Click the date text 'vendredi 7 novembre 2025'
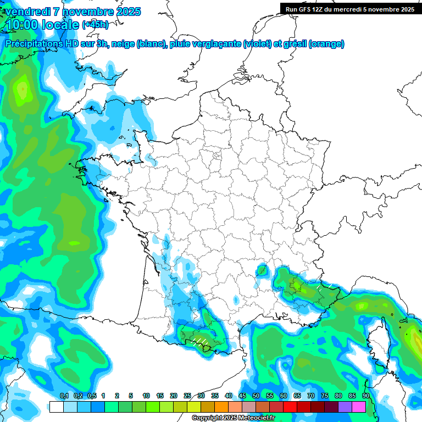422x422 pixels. pyautogui.click(x=71, y=12)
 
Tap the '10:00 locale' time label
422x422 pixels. pyautogui.click(x=42, y=25)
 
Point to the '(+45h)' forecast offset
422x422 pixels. pyautogui.click(x=95, y=25)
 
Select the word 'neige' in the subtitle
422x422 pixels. pyautogui.click(x=123, y=44)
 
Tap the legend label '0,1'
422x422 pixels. pyautogui.click(x=64, y=396)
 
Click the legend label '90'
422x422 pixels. pyautogui.click(x=365, y=396)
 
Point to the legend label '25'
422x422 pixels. pyautogui.click(x=187, y=396)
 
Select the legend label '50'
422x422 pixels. pyautogui.click(x=256, y=396)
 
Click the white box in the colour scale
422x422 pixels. pyautogui.click(x=56, y=407)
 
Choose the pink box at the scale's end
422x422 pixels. pyautogui.click(x=359, y=407)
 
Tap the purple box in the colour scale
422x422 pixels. pyautogui.click(x=345, y=407)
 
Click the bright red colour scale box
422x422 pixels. pyautogui.click(x=290, y=407)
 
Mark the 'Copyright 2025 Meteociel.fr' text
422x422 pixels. pyautogui.click(x=233, y=418)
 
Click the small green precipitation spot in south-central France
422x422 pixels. pyautogui.click(x=262, y=270)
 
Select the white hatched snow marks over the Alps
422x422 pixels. pyautogui.click(x=319, y=287)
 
